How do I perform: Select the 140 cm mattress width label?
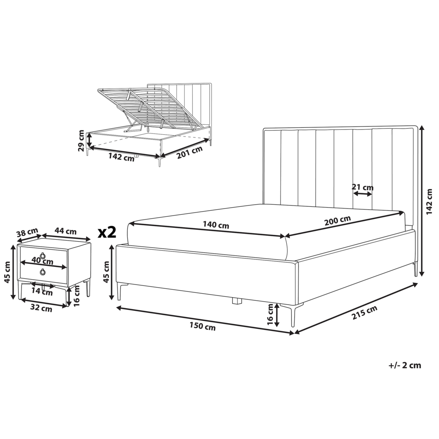point(216,225)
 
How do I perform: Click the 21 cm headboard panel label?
point(363,187)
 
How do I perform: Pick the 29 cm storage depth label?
point(81,140)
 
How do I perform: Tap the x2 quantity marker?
point(107,232)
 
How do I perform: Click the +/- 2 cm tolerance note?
point(405,365)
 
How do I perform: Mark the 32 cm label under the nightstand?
point(41,309)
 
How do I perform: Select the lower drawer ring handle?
point(43,272)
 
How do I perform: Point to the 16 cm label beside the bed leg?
point(270,315)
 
